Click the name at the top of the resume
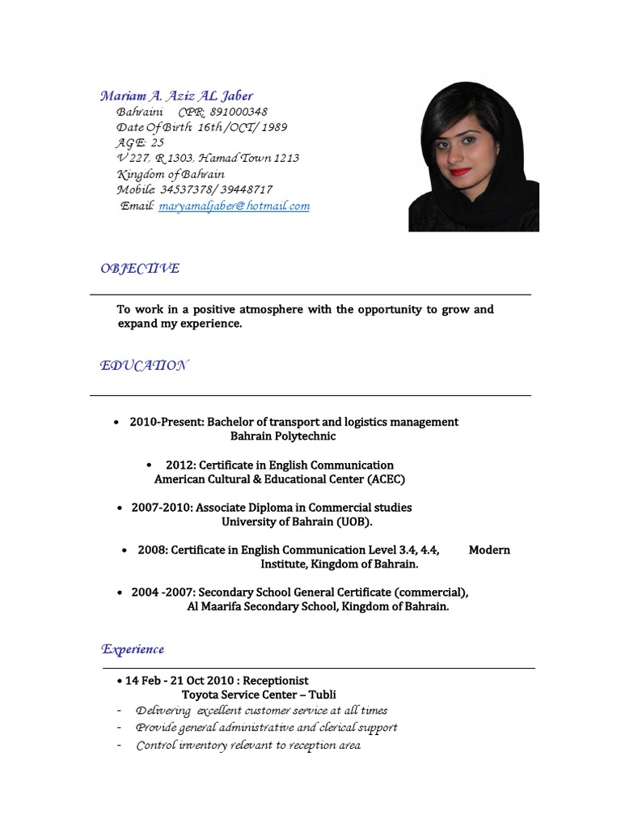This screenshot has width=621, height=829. pos(176,96)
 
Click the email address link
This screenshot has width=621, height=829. pos(234,206)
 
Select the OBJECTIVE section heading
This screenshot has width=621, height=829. pos(140,269)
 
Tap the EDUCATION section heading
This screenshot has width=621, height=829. pos(144,366)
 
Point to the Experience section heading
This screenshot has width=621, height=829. pos(133,649)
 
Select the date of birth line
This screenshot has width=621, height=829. pos(201,127)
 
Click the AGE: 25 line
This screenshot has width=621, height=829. pos(141,142)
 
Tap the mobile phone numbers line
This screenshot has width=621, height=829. pos(194,189)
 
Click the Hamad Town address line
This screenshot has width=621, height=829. pos(208,158)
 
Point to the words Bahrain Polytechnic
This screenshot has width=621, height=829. pos(283,436)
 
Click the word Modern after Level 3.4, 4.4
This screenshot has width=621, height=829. pos(489,551)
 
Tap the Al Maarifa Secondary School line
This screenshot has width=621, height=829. pos(318,606)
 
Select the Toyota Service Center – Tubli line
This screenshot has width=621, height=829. pos(259,695)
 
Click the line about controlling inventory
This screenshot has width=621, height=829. pos(247,745)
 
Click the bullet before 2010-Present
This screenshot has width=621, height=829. pos(118,423)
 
